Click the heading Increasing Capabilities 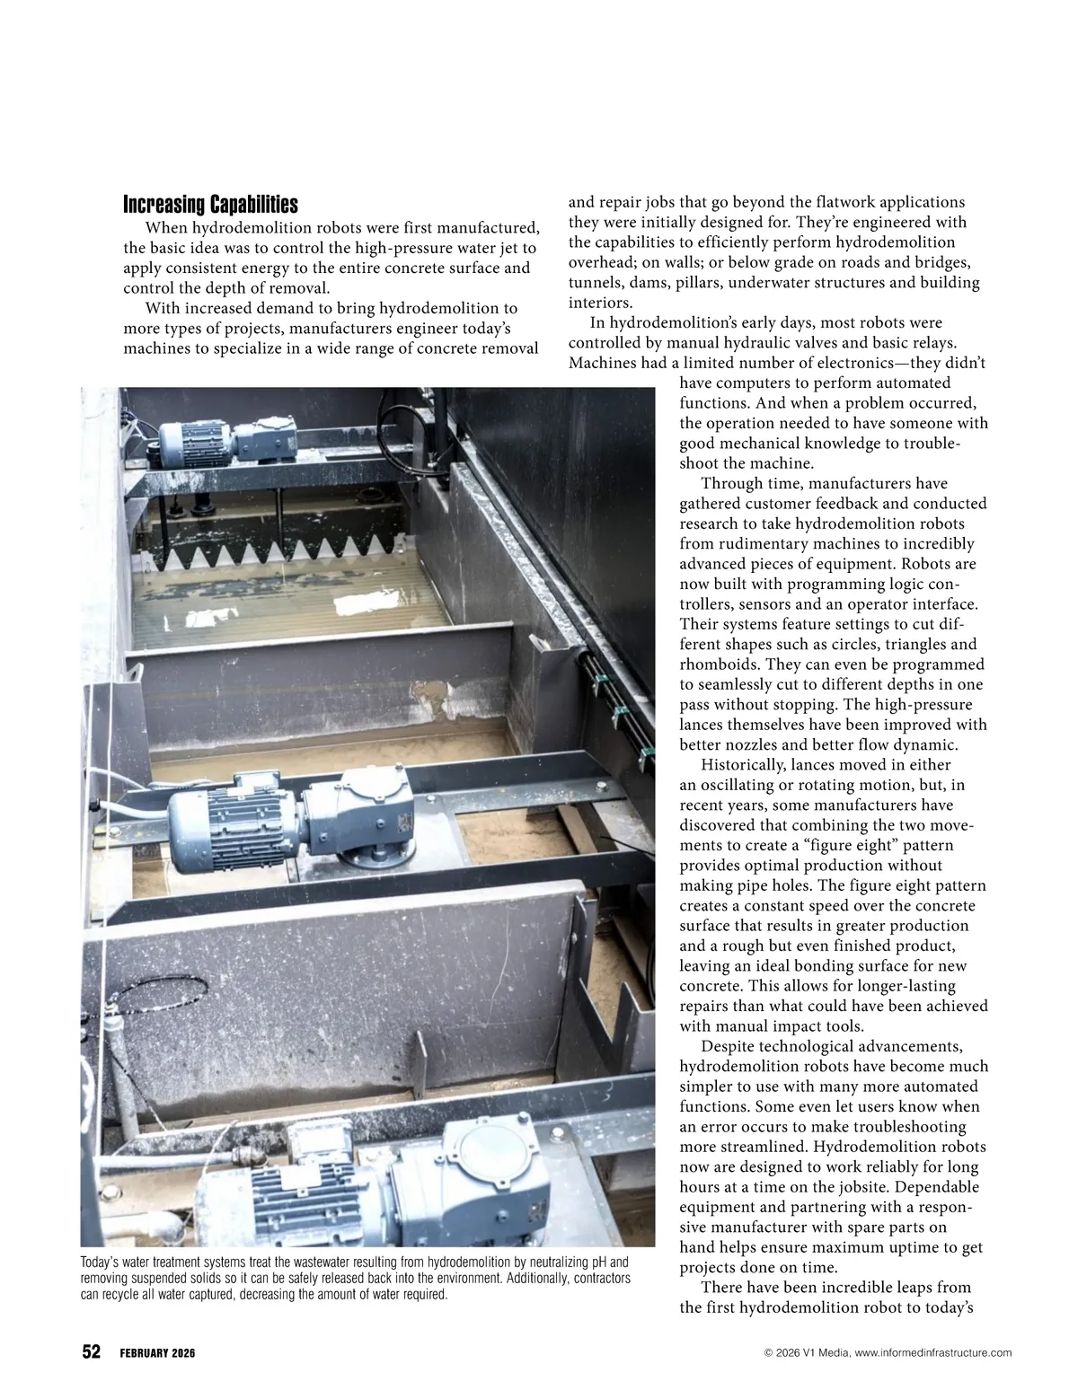[x=210, y=204]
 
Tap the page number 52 [x=92, y=1352]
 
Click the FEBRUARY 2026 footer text [x=157, y=1353]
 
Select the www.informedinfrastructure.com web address [x=927, y=1353]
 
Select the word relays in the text [x=932, y=343]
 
